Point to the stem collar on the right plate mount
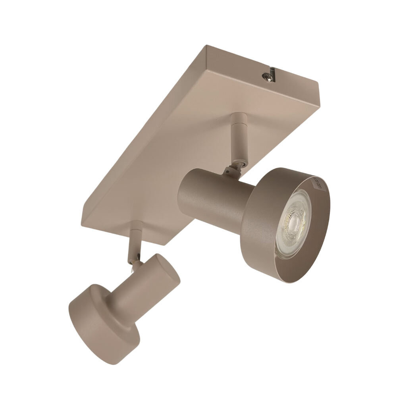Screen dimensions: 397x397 (239, 119)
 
